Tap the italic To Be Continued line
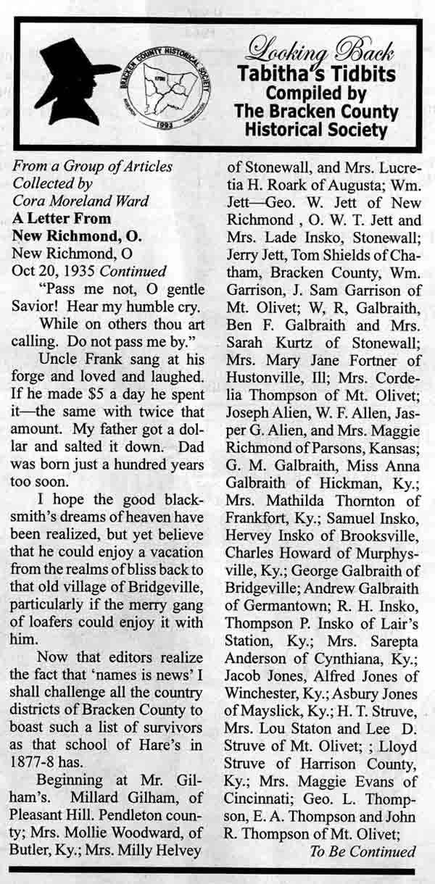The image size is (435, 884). tap(362, 851)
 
